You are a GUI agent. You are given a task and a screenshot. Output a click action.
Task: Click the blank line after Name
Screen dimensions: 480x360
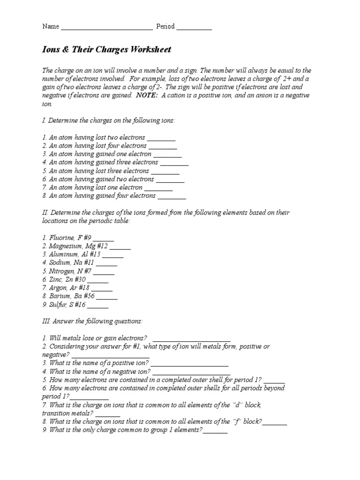(106, 27)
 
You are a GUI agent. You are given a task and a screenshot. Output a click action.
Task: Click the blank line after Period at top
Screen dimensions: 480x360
(194, 27)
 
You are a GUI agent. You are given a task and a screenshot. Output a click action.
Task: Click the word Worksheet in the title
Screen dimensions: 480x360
(150, 50)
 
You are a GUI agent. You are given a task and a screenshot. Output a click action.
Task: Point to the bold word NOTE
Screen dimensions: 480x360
(147, 95)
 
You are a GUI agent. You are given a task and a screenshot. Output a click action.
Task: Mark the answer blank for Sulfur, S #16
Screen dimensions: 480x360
(98, 305)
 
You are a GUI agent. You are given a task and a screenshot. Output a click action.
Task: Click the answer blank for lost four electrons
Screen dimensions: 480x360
(163, 146)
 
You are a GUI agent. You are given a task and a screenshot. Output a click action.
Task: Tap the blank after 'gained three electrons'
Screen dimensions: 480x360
(174, 163)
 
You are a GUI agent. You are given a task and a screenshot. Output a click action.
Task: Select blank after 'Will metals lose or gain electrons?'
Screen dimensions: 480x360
(192, 339)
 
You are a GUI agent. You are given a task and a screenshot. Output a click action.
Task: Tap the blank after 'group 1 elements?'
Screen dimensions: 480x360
(215, 430)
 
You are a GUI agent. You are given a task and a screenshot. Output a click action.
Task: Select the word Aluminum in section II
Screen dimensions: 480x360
(64, 255)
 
